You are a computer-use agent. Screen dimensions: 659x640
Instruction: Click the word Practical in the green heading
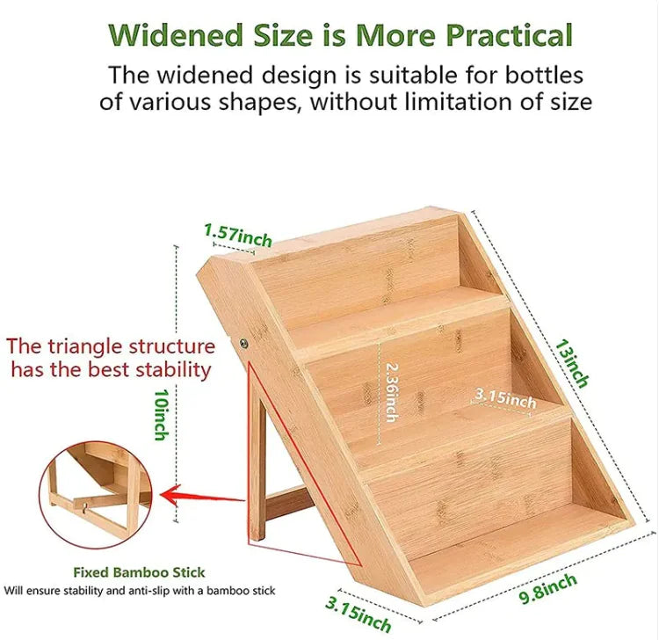509,35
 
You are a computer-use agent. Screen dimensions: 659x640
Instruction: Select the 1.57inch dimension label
238,236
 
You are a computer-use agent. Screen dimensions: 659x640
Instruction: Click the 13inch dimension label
572,363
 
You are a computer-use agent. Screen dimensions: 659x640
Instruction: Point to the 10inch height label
162,415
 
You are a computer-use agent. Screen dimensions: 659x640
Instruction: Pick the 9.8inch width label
547,589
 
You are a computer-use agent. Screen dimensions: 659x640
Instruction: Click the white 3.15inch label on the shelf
505,398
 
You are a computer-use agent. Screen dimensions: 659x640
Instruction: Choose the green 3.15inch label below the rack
358,615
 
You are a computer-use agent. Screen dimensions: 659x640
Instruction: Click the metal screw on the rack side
243,343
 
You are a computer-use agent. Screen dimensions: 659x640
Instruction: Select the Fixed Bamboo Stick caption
139,572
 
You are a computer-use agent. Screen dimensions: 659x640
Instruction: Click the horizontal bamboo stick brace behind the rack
289,504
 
